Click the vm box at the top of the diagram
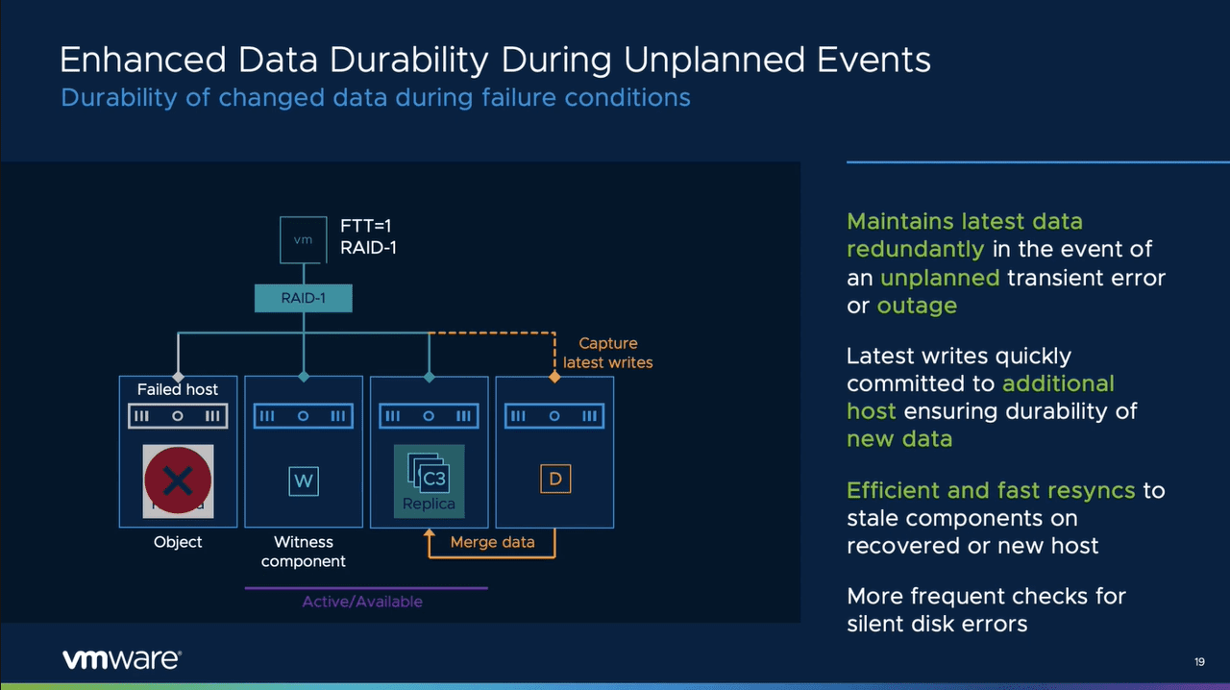coord(303,239)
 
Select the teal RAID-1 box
coord(303,298)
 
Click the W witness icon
coord(304,481)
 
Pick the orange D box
coord(554,479)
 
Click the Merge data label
coord(492,542)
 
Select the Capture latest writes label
coord(607,353)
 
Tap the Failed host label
coord(178,389)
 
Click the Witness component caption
coord(304,552)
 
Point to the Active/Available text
coord(362,602)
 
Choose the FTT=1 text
coord(366,227)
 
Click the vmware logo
coord(122,659)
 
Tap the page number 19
coord(1199,662)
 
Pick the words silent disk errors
coord(937,624)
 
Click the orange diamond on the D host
coord(554,377)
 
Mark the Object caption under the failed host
coord(178,542)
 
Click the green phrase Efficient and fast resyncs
coord(991,490)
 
